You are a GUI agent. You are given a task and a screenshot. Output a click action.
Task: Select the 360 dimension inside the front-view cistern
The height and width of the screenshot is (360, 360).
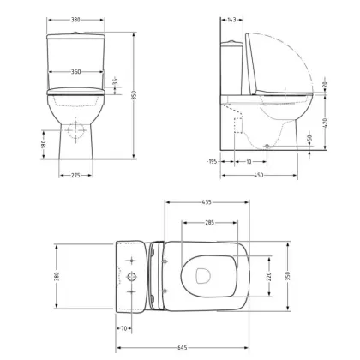(75, 72)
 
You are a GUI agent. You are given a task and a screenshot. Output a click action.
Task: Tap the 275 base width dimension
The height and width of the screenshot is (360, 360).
(75, 175)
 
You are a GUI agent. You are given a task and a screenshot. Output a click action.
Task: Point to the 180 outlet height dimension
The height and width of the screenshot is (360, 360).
(44, 144)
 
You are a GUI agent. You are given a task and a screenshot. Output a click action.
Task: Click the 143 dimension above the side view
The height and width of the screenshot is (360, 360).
(231, 20)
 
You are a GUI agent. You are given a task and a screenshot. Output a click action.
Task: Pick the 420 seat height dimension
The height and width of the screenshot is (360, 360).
(325, 123)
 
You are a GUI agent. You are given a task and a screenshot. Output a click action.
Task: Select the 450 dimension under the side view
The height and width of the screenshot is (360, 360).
(258, 175)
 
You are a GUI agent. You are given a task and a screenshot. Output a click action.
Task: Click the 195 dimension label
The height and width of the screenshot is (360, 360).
(213, 162)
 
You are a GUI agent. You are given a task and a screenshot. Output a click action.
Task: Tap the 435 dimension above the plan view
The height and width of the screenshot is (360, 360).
(207, 202)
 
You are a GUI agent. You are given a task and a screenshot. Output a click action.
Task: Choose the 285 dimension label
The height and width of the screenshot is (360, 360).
(209, 222)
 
